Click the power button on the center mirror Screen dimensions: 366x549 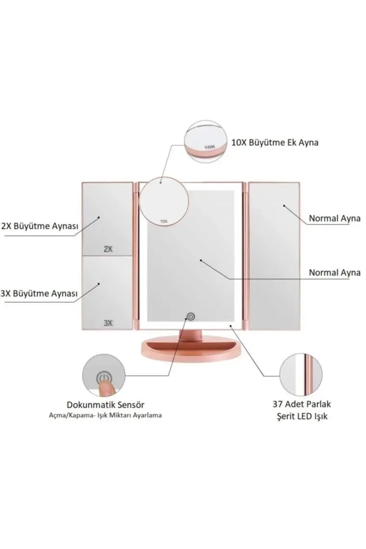click(191, 316)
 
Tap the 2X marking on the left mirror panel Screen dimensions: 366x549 click(108, 249)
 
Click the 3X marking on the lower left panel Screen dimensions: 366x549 click(108, 323)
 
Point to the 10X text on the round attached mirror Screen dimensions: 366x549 click(164, 221)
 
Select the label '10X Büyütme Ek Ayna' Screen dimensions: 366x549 click(275, 143)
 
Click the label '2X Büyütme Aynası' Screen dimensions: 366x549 click(40, 226)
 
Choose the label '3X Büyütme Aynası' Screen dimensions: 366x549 click(39, 293)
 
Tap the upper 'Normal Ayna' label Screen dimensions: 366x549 click(335, 219)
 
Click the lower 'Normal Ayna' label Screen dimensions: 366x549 click(335, 273)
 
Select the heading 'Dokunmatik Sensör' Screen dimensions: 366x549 click(105, 405)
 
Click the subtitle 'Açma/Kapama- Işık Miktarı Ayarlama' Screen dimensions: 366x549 click(105, 415)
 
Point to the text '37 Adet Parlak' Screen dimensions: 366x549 click(302, 404)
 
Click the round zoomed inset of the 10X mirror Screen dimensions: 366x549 click(205, 142)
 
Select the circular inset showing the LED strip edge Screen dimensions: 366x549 click(301, 375)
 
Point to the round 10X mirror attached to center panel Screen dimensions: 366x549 click(164, 202)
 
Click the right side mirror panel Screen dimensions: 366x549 click(274, 256)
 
